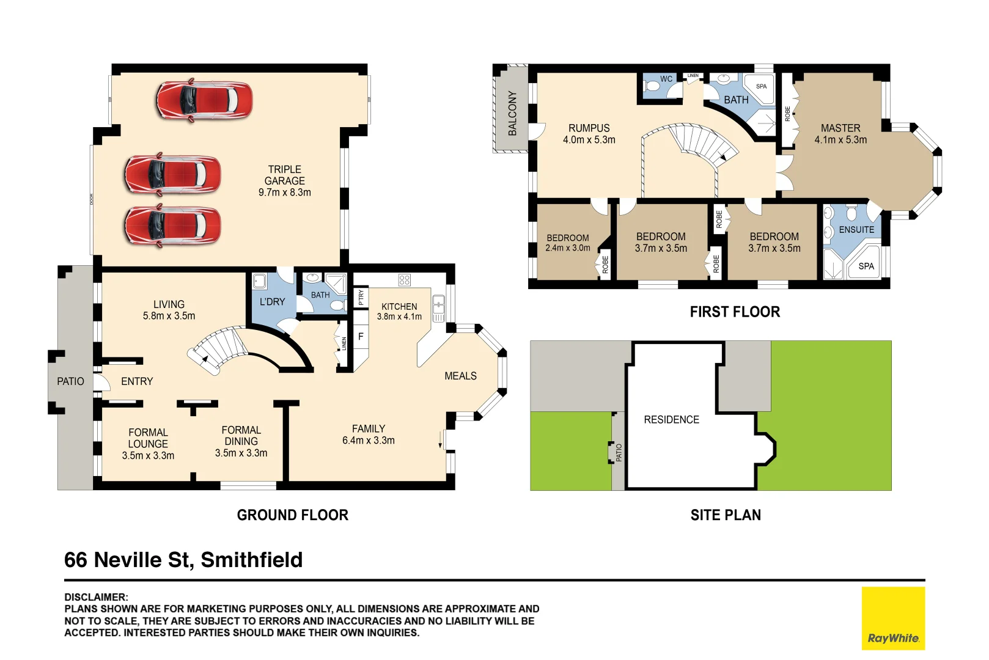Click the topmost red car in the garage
pyautogui.click(x=204, y=100)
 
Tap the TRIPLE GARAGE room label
pyautogui.click(x=284, y=180)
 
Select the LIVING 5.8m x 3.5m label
pyautogui.click(x=169, y=310)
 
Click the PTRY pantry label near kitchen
pyautogui.click(x=361, y=298)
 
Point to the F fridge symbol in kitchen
pyautogui.click(x=361, y=337)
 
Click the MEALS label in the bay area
pyautogui.click(x=460, y=376)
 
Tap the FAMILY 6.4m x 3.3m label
pyautogui.click(x=368, y=435)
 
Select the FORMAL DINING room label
pyautogui.click(x=241, y=441)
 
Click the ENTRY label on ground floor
pyautogui.click(x=137, y=381)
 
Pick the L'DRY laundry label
pyautogui.click(x=272, y=302)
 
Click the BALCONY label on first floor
pyautogui.click(x=512, y=113)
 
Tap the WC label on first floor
pyautogui.click(x=666, y=79)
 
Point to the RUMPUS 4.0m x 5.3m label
pyautogui.click(x=589, y=134)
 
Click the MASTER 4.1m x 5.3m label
pyautogui.click(x=840, y=134)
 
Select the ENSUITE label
pyautogui.click(x=856, y=230)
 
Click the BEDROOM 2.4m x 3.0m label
pyautogui.click(x=567, y=243)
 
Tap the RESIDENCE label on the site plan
pyautogui.click(x=671, y=420)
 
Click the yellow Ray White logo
pyautogui.click(x=892, y=618)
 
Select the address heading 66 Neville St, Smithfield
pyautogui.click(x=183, y=560)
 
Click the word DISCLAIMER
pyautogui.click(x=96, y=597)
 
